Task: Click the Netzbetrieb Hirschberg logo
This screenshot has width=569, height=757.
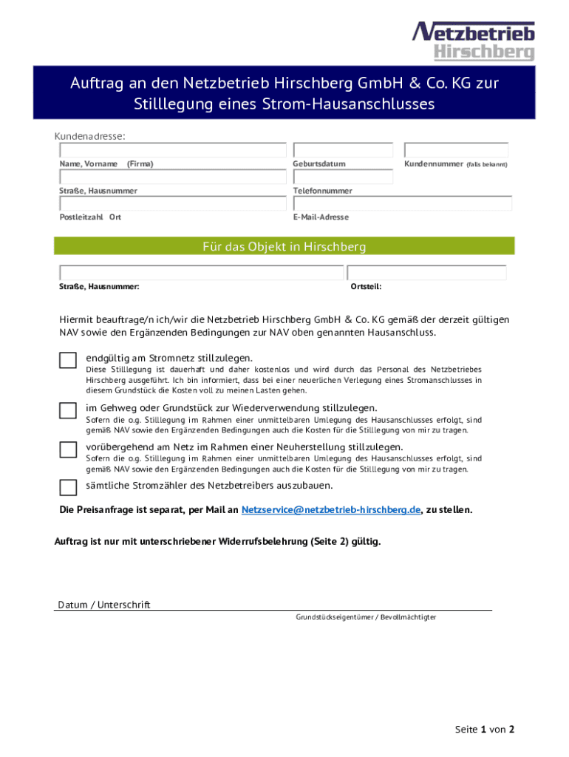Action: (x=473, y=41)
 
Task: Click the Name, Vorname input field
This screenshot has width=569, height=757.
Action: (x=172, y=150)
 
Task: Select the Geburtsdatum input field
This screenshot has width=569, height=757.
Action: (x=343, y=150)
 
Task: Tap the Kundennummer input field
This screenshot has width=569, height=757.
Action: (x=456, y=150)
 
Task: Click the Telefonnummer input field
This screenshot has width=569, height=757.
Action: (x=343, y=177)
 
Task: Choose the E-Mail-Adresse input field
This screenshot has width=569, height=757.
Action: (x=402, y=203)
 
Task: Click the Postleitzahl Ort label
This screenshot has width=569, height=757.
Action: (x=90, y=217)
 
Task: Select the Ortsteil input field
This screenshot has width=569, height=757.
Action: (x=426, y=272)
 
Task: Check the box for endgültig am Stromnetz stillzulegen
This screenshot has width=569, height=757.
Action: (x=68, y=360)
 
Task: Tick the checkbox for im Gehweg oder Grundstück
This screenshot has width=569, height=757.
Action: (x=68, y=410)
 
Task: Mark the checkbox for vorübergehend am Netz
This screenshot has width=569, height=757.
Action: (x=68, y=449)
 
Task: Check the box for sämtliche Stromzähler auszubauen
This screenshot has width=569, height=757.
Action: (x=68, y=487)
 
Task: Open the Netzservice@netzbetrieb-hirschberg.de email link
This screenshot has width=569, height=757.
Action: (x=331, y=510)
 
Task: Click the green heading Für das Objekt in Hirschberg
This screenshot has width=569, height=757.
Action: (x=284, y=246)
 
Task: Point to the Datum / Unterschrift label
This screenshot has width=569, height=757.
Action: (x=104, y=605)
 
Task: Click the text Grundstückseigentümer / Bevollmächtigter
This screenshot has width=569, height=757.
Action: (x=366, y=617)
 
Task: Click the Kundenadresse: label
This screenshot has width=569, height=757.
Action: (x=89, y=136)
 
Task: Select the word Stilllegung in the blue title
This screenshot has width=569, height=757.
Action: (x=175, y=104)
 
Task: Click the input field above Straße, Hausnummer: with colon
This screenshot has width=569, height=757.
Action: (x=201, y=272)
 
